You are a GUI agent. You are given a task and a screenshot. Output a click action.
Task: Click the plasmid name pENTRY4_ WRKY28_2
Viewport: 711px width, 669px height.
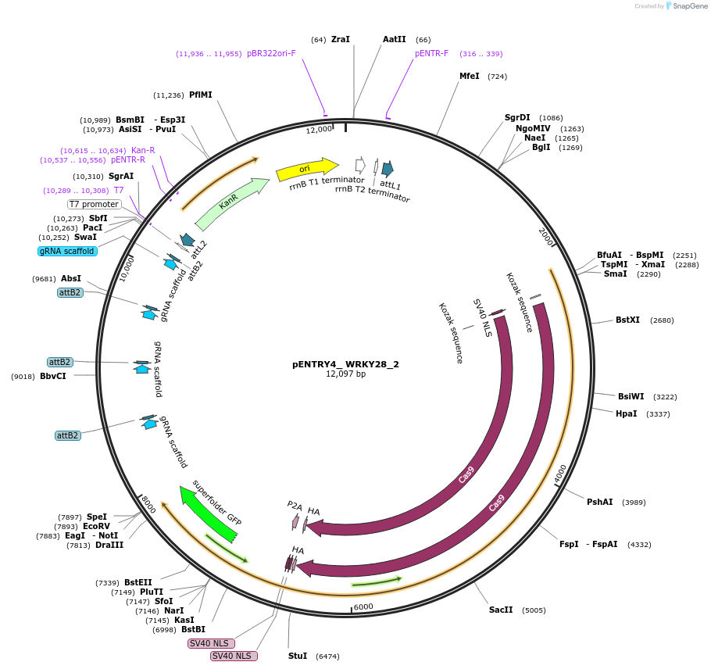coord(345,364)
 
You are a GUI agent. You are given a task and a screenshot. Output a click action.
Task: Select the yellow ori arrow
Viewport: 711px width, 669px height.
coord(305,169)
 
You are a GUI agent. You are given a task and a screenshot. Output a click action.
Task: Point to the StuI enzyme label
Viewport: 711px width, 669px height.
coord(298,656)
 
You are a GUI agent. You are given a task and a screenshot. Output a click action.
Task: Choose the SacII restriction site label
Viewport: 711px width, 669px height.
coord(501,610)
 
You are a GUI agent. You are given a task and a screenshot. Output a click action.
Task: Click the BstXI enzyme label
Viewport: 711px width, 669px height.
coord(627,320)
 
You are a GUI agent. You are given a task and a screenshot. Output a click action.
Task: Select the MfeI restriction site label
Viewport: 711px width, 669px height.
coord(469,76)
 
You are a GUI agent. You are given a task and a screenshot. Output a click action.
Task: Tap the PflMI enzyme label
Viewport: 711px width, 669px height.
coord(200,95)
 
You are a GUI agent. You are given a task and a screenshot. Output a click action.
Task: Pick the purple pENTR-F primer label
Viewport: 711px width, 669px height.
coord(431,53)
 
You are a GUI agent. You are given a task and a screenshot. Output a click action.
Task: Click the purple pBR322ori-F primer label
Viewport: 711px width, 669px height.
coord(271,53)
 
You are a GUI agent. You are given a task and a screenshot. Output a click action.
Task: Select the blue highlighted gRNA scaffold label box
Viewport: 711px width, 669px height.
coord(67,251)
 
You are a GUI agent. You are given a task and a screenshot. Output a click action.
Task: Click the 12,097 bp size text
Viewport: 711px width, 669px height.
coord(345,374)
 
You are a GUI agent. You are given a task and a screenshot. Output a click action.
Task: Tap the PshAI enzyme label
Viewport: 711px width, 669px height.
coord(599,502)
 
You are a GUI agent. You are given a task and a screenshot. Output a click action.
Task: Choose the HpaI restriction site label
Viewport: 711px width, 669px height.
coord(626,413)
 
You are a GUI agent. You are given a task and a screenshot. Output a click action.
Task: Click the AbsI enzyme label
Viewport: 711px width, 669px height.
coord(71,278)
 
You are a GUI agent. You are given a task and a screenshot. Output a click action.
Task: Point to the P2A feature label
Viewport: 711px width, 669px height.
coord(295,506)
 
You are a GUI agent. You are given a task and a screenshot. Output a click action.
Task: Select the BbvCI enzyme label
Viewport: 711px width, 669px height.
coord(53,376)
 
